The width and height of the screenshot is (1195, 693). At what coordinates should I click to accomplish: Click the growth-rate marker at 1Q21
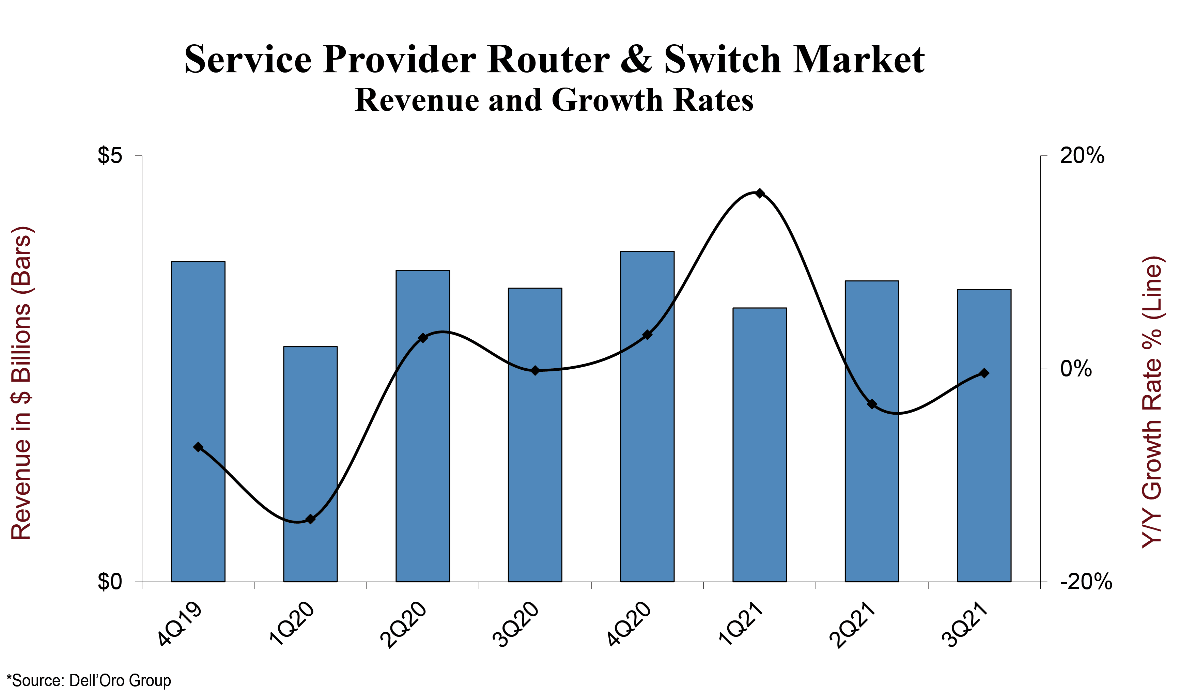tap(760, 193)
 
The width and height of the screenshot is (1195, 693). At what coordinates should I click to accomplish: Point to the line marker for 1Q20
tap(311, 519)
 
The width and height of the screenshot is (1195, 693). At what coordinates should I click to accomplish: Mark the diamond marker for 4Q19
tap(198, 447)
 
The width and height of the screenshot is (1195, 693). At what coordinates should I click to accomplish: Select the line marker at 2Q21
tap(872, 404)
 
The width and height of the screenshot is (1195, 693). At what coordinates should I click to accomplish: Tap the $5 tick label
tap(110, 156)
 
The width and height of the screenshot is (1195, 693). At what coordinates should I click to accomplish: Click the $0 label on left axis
tap(110, 582)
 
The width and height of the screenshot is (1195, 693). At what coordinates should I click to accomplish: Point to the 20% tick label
tap(1082, 156)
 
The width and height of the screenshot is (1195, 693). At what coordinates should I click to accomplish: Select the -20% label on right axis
tap(1086, 582)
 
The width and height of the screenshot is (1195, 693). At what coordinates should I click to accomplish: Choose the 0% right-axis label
tap(1076, 369)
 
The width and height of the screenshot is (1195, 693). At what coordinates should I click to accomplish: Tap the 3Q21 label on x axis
tap(964, 625)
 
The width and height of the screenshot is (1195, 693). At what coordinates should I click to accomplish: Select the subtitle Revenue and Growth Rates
tap(554, 100)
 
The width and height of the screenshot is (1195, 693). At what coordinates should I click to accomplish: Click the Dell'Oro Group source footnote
tap(89, 680)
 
